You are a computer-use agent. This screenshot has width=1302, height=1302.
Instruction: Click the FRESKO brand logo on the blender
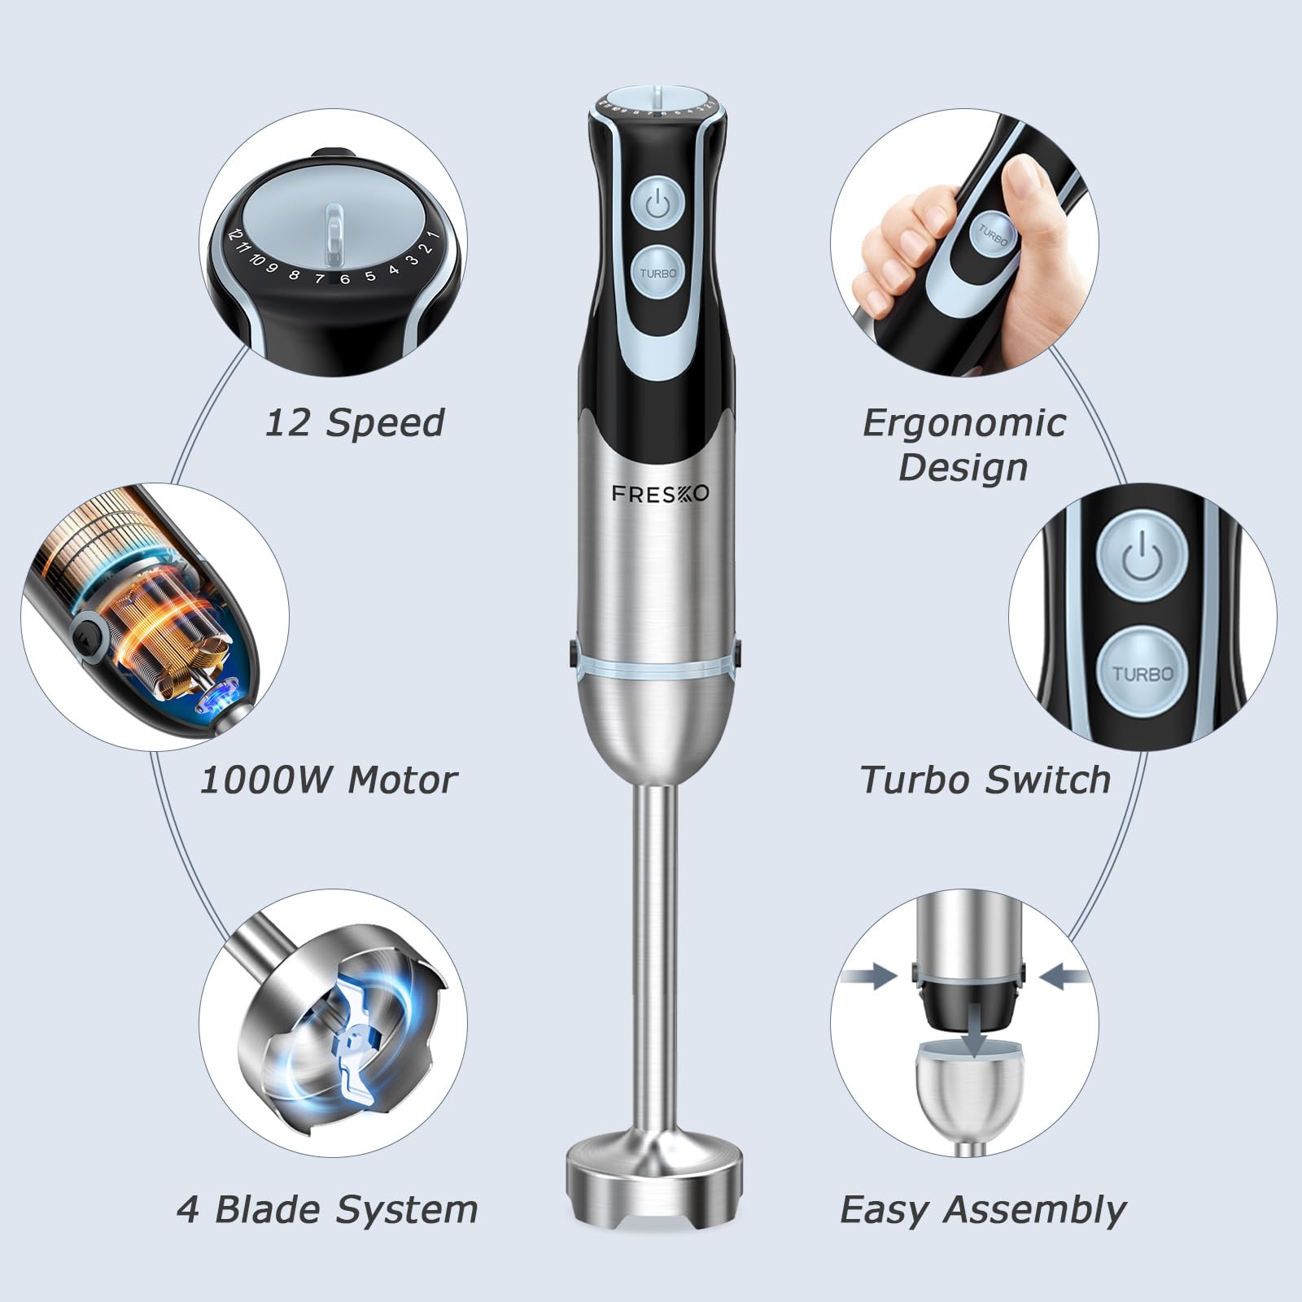[x=660, y=494]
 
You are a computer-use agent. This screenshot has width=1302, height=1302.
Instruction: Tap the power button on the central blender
[x=658, y=204]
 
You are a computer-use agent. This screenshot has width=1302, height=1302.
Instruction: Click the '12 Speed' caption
[x=355, y=422]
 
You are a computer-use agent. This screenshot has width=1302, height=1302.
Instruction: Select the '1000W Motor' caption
[x=329, y=780]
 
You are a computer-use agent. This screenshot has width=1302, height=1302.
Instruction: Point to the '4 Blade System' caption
[x=327, y=1209]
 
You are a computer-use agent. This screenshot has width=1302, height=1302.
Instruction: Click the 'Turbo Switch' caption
[x=985, y=780]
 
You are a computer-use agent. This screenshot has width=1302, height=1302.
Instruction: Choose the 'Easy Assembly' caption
[x=983, y=1210]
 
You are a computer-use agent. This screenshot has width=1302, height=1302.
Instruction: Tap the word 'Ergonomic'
[x=964, y=422]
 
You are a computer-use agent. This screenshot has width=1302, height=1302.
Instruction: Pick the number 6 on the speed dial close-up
[x=345, y=279]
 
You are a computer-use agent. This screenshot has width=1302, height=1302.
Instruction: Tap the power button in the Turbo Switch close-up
[x=1142, y=559]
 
